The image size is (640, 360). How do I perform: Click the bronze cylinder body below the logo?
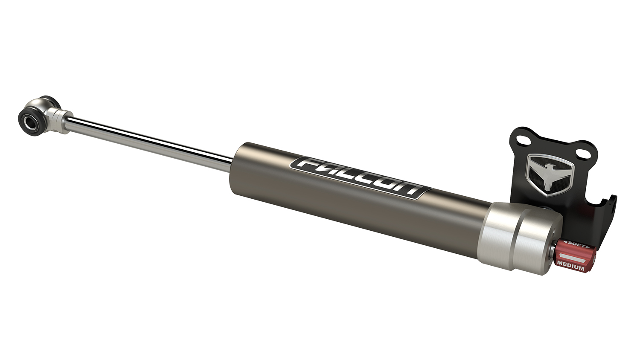341,209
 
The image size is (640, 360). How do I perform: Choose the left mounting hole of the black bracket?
521,140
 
